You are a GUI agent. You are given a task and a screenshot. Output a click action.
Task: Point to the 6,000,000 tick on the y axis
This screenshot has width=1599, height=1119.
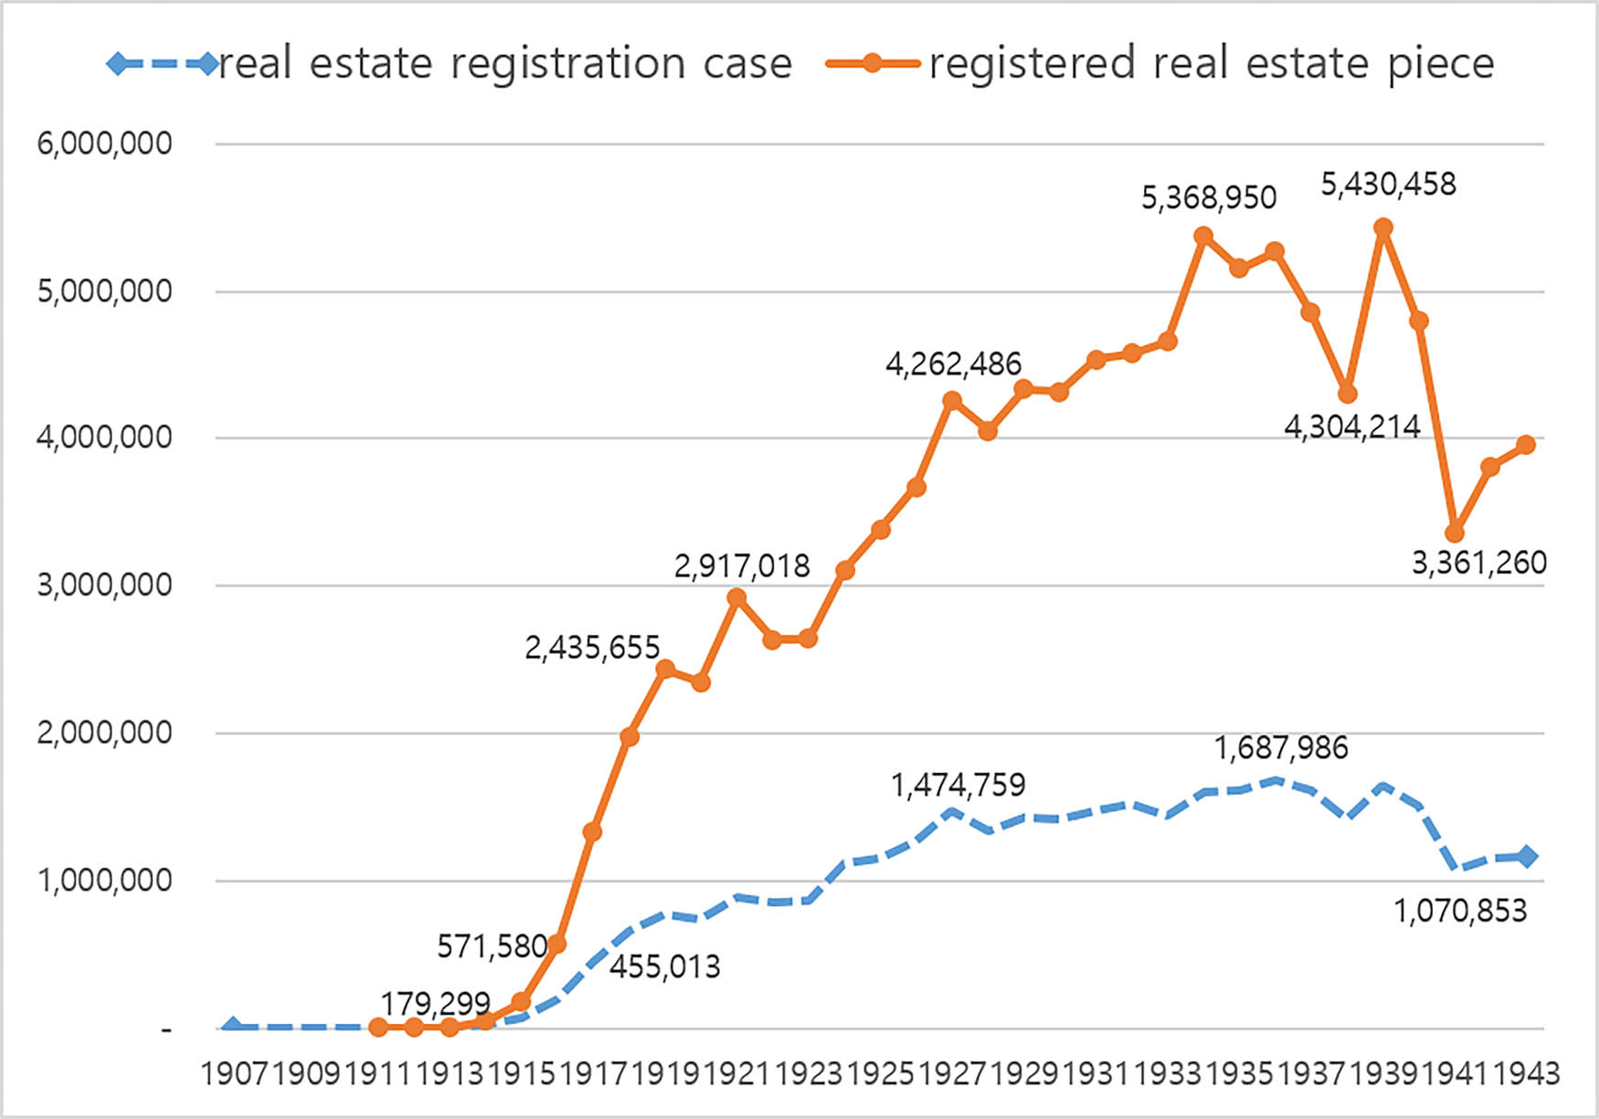[104, 143]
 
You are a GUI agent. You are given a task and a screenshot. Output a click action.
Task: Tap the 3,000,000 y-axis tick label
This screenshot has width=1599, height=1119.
[104, 585]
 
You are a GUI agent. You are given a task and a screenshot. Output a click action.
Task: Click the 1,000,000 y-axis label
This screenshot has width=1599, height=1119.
[104, 881]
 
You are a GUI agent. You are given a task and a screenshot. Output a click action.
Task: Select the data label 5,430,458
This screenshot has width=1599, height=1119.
[1388, 185]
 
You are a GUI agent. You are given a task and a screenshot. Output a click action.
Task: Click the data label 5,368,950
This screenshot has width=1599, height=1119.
[1208, 197]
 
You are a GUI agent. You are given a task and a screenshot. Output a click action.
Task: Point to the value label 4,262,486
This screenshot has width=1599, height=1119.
[953, 364]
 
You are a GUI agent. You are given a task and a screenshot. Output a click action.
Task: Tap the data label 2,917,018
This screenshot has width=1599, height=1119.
[742, 566]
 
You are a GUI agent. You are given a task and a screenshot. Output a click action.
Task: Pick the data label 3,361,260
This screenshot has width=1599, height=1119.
[1478, 563]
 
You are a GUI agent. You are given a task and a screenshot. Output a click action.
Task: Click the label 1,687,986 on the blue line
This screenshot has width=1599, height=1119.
[1280, 748]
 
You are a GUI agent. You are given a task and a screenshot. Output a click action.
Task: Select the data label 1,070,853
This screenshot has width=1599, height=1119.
[1459, 911]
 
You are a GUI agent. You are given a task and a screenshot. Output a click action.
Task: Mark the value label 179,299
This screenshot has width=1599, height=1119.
[435, 1004]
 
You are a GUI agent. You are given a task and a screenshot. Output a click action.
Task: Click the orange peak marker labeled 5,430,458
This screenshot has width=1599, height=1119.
[1383, 227]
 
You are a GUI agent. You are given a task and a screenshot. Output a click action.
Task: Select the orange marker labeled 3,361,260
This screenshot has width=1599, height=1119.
[1455, 533]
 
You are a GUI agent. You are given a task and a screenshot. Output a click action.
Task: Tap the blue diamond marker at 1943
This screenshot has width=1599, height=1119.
[1527, 857]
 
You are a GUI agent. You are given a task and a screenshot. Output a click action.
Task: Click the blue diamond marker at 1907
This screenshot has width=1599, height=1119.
[233, 1028]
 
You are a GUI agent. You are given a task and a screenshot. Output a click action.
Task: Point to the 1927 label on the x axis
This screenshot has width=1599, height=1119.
[952, 1073]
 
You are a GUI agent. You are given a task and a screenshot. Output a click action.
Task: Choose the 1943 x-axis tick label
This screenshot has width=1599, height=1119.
[1526, 1073]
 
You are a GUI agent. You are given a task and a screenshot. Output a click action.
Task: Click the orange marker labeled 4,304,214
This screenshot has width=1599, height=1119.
[1347, 394]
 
